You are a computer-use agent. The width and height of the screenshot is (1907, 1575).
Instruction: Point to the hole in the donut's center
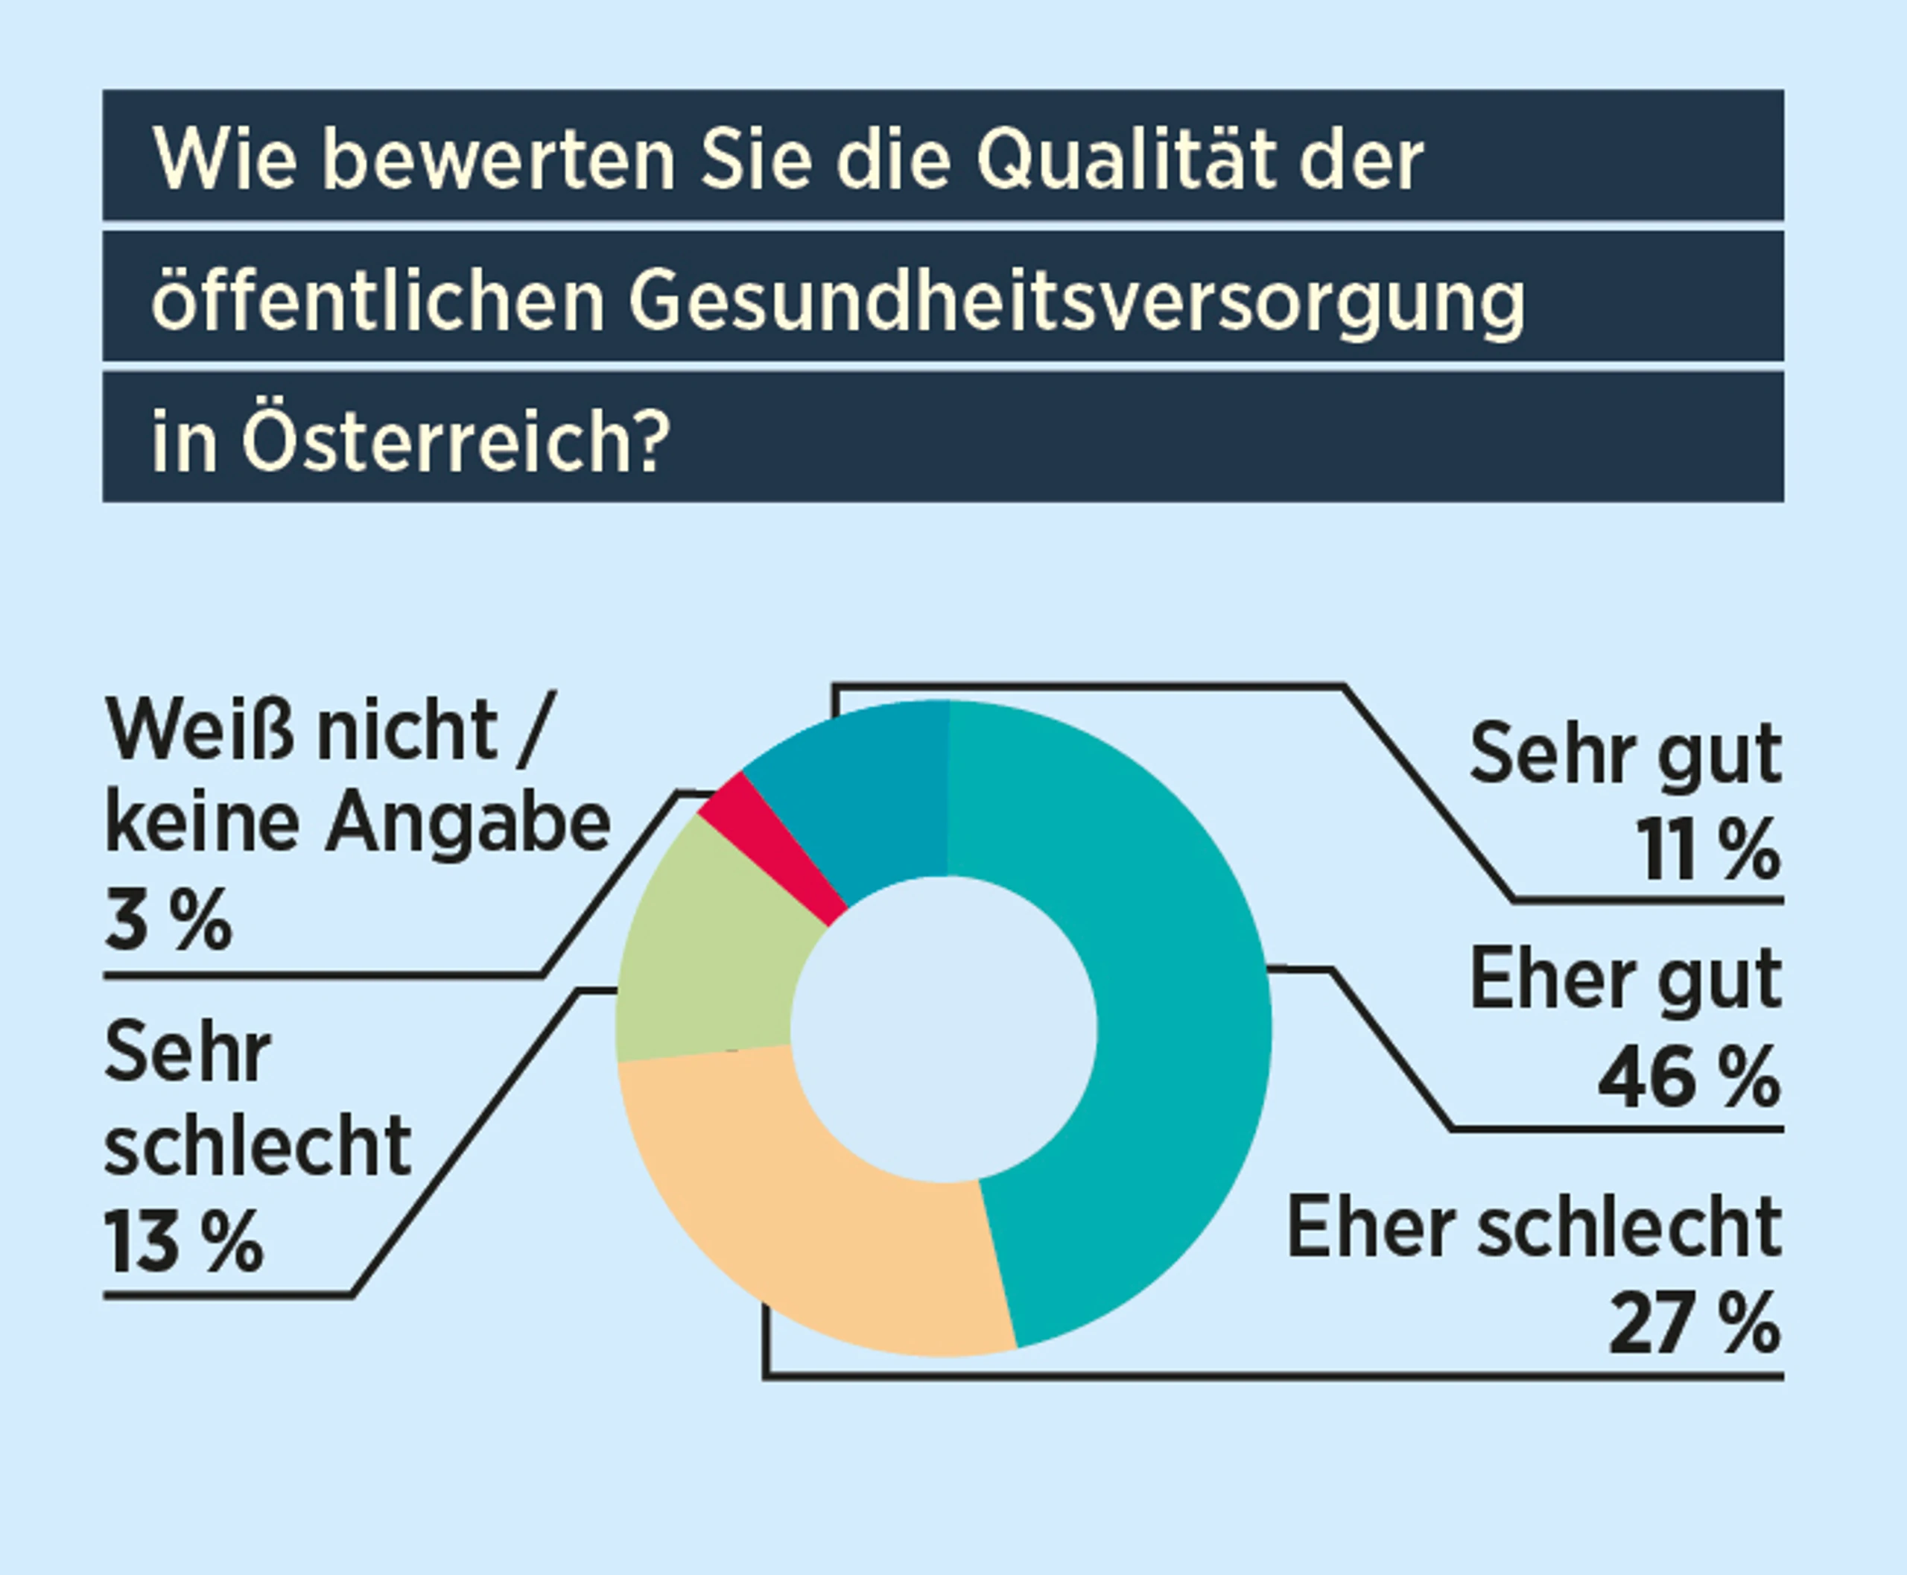click(944, 1030)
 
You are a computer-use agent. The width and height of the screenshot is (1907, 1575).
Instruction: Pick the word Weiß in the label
click(200, 730)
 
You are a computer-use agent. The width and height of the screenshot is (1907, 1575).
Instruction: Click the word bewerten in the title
click(499, 159)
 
